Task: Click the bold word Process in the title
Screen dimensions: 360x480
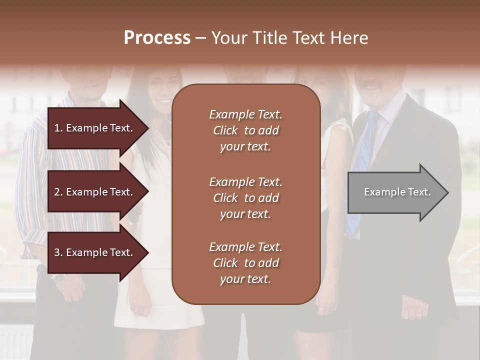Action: pos(157,38)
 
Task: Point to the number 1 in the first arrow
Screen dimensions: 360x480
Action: pos(57,128)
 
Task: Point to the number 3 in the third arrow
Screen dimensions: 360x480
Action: pos(57,252)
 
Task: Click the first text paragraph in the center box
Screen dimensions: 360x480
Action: pos(245,130)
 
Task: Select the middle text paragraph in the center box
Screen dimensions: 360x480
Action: pos(245,198)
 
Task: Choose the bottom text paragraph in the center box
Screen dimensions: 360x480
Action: pos(245,263)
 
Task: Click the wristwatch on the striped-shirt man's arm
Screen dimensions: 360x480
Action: pos(58,278)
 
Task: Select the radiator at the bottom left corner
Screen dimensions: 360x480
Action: pos(15,340)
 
